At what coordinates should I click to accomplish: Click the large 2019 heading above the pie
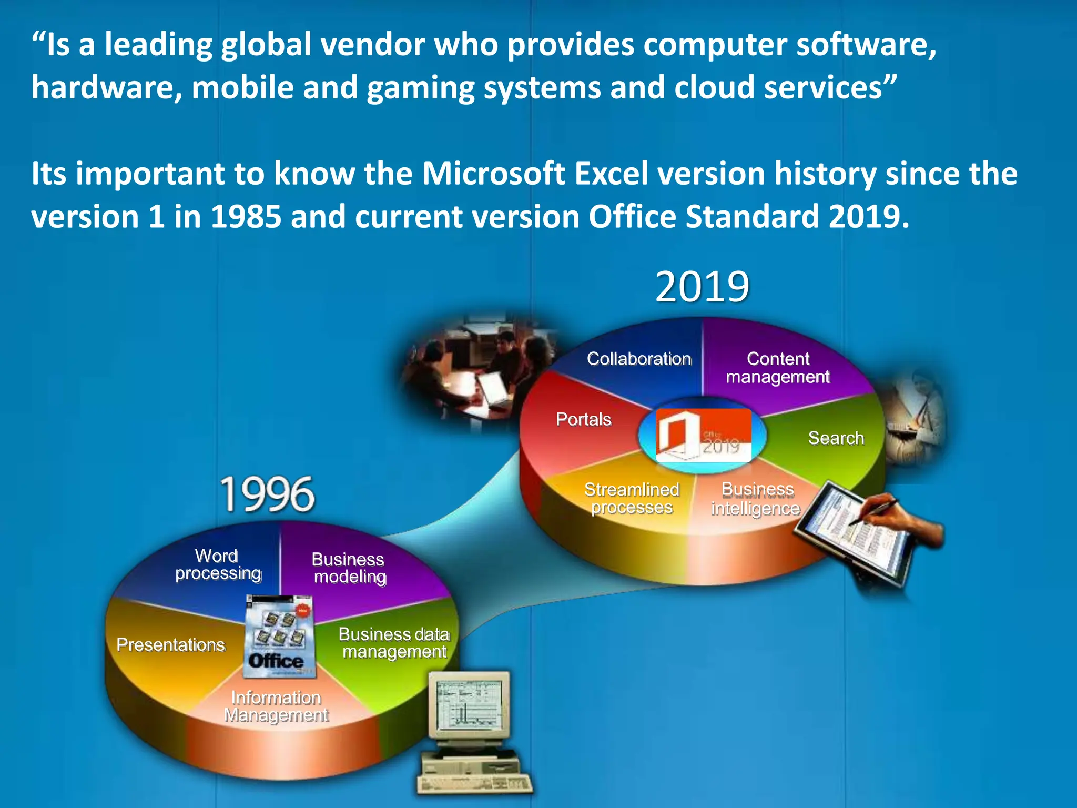[x=702, y=287]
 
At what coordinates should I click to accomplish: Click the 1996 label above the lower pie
[x=267, y=494]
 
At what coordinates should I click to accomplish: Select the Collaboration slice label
[x=639, y=359]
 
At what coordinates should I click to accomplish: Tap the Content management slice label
[x=778, y=368]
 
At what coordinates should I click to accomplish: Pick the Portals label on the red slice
[x=584, y=419]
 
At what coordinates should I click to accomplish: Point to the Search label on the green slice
[x=836, y=438]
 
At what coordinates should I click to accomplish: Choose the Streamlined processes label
[x=632, y=498]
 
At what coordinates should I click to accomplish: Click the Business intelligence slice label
[x=756, y=499]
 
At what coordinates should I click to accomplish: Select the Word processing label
[x=218, y=564]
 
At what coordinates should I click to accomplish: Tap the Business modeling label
[x=349, y=568]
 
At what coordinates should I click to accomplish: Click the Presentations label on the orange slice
[x=171, y=644]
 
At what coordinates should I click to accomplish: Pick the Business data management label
[x=394, y=643]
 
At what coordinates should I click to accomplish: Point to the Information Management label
[x=276, y=706]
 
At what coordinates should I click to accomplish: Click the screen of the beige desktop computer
[x=468, y=705]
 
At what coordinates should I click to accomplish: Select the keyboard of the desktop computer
[x=473, y=784]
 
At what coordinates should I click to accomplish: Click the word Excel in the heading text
[x=611, y=174]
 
